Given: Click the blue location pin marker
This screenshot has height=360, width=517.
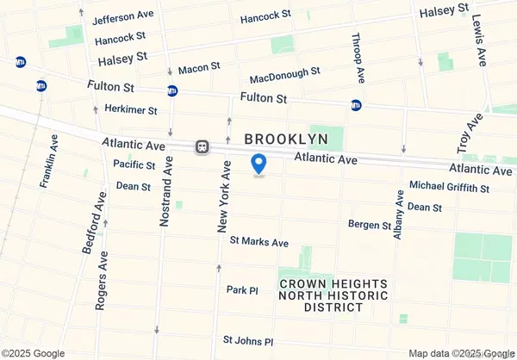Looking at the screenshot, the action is [258, 164].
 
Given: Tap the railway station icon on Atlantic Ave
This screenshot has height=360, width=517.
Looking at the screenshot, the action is [202, 146].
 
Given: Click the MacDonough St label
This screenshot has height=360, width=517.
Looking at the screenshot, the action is [285, 75].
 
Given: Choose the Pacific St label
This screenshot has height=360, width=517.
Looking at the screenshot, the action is [134, 164].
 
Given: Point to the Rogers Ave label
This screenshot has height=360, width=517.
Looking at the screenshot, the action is [103, 280].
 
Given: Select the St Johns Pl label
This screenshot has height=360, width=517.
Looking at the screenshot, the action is [247, 342].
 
